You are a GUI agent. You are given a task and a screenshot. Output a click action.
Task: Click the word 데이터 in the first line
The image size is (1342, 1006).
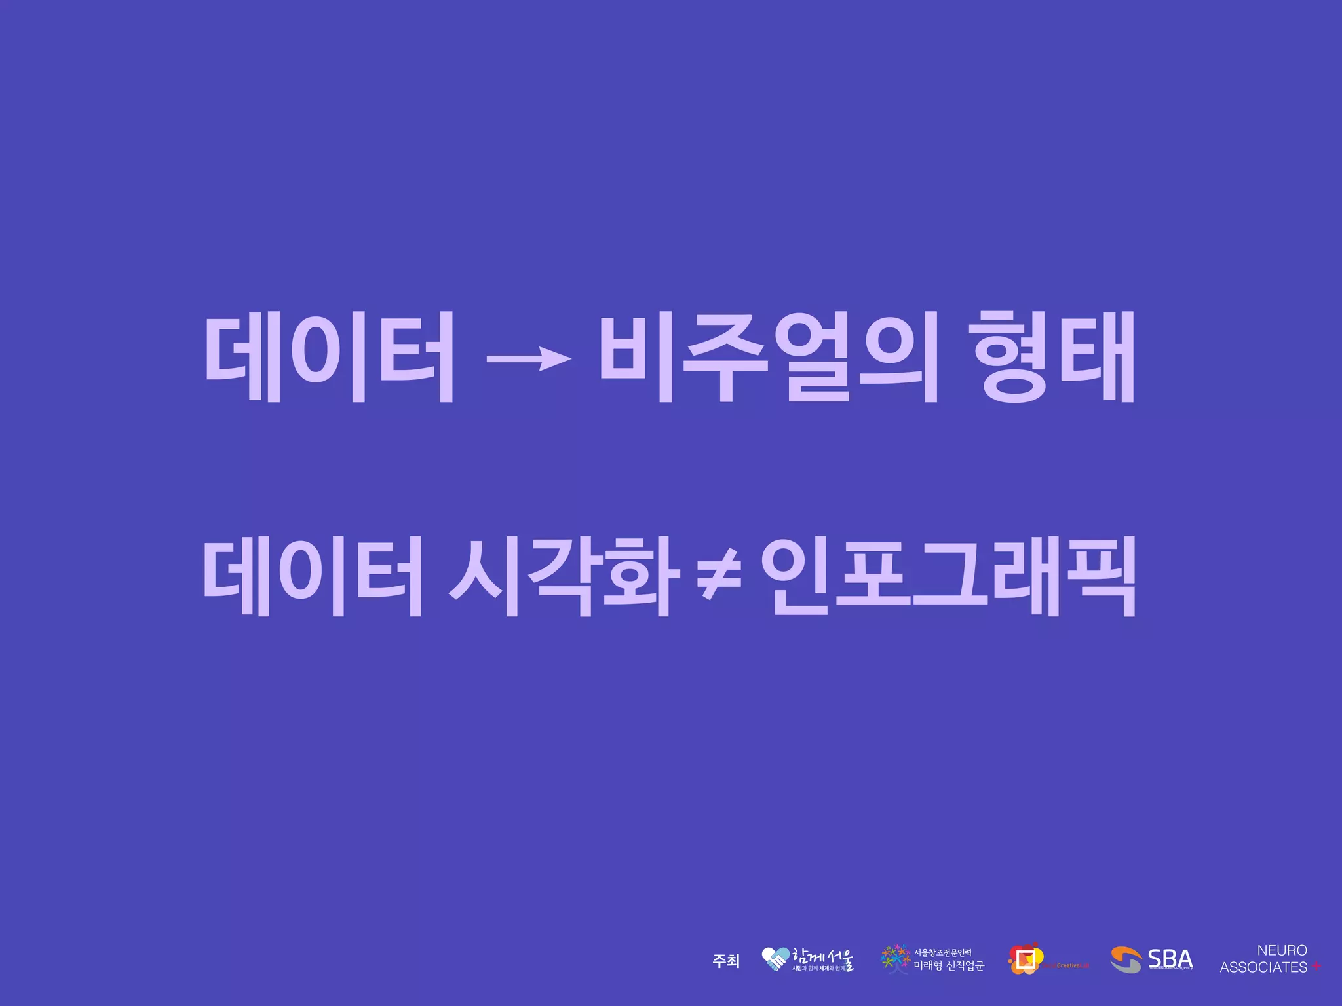point(330,356)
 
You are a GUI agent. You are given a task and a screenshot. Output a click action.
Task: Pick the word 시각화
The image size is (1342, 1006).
point(561,576)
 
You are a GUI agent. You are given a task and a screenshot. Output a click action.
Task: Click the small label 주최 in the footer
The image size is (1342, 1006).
point(725,961)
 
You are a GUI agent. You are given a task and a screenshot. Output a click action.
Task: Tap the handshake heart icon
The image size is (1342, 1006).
point(775,959)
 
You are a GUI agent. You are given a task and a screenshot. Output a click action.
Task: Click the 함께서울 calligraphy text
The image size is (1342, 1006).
point(823,956)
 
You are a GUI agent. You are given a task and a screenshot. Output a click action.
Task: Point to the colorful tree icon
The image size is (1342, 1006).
point(895,959)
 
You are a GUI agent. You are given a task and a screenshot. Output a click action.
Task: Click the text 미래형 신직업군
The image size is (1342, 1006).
point(949,965)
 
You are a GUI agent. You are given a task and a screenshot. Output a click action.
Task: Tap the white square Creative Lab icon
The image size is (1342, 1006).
point(1026,959)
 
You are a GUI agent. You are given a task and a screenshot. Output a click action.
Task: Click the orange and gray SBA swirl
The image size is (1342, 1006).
point(1126,960)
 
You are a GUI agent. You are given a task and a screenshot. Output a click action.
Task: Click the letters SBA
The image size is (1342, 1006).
point(1170,958)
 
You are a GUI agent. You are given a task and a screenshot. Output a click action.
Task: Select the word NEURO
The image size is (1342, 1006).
point(1282,950)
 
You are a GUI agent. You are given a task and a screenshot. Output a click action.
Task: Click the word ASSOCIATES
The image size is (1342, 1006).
point(1263,967)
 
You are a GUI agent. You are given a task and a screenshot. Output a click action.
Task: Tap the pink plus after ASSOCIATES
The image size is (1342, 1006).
point(1316,967)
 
